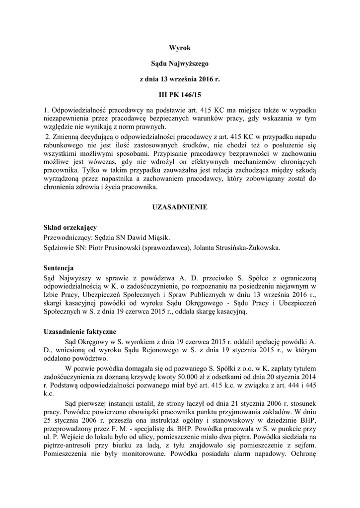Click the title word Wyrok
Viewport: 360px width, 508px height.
[180, 48]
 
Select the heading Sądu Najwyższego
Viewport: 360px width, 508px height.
[180, 63]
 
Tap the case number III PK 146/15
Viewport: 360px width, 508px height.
[180, 94]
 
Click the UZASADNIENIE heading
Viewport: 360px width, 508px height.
[180, 207]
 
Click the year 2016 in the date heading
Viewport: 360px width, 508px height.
[208, 79]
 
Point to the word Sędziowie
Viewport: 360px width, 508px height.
[59, 248]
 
